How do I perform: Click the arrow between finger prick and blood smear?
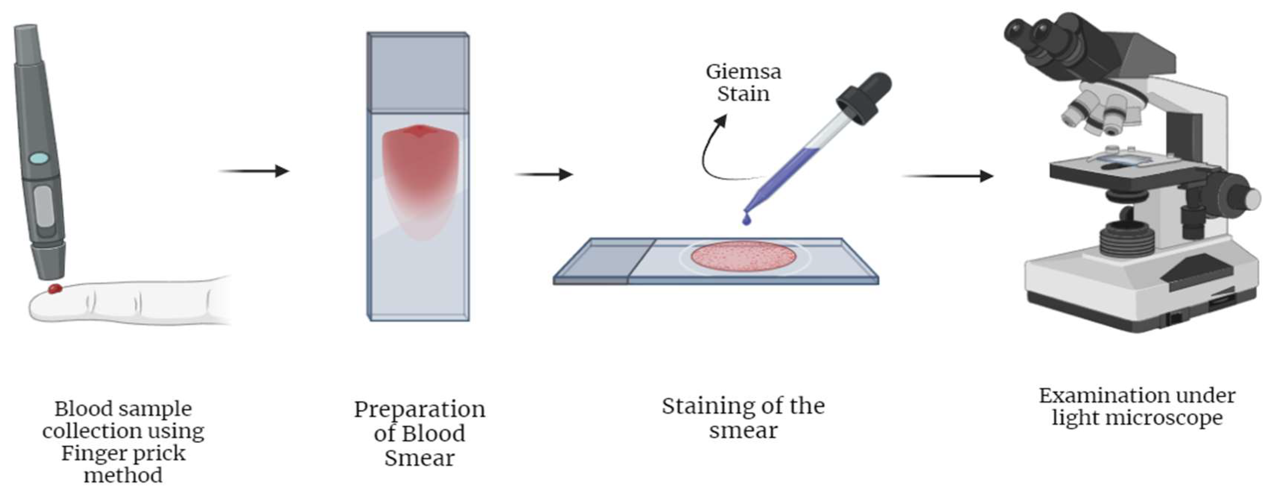[x=254, y=171]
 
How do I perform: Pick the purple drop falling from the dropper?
[x=746, y=219]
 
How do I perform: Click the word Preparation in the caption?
[x=420, y=410]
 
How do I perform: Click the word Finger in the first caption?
[x=94, y=454]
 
